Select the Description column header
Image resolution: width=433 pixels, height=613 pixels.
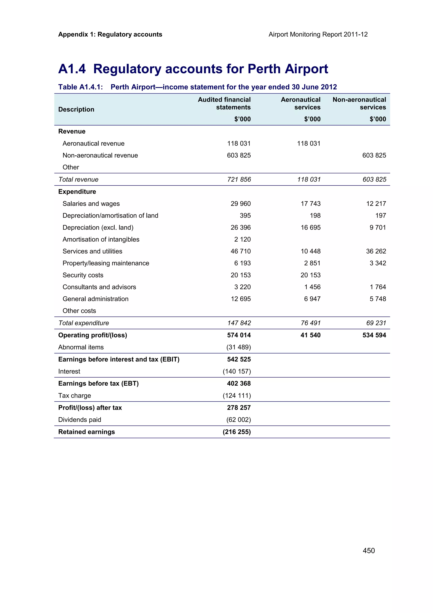pos(76,110)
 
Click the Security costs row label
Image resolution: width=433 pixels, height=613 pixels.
pos(83,275)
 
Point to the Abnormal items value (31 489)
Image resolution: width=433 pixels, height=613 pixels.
pos(238,347)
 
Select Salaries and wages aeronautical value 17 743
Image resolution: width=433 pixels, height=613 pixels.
pos(311,203)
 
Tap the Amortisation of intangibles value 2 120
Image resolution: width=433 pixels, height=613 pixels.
pos(242,239)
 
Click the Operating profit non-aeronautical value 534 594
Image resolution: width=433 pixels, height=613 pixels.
pos(374,335)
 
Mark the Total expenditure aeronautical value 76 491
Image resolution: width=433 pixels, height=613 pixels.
pos(311,323)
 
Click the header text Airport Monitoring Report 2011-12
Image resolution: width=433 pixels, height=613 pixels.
pos(318,34)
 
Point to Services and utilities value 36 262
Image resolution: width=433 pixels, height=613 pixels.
pos(376,251)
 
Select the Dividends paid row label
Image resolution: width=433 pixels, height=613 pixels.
pos(79,420)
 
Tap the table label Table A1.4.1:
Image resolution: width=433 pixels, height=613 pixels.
pos(80,87)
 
